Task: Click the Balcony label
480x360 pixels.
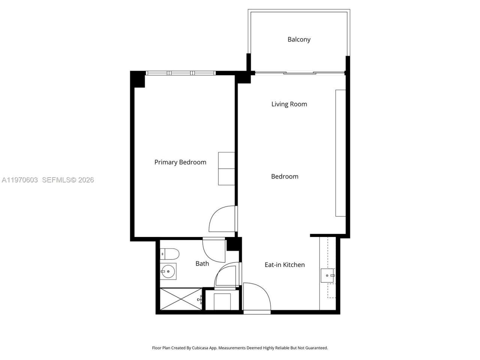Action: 299,39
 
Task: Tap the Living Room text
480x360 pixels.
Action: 289,104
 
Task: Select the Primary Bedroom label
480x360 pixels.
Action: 180,162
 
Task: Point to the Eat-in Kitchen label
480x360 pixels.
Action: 285,265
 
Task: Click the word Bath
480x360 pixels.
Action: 202,264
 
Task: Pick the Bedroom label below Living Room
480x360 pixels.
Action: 285,177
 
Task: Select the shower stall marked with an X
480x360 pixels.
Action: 181,299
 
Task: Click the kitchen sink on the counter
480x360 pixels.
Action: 327,276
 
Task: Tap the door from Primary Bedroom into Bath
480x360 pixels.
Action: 213,249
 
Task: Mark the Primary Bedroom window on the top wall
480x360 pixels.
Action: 180,73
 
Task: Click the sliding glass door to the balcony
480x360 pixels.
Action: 299,73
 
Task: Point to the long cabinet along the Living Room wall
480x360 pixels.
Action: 340,153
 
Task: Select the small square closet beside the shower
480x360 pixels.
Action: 222,301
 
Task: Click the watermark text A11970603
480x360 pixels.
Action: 20,180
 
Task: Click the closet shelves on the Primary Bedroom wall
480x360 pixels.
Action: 226,169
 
